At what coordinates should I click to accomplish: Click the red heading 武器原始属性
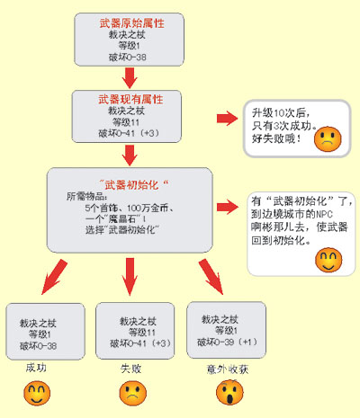[132, 23]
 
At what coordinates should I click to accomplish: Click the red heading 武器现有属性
[130, 100]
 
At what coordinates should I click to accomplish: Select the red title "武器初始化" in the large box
[133, 184]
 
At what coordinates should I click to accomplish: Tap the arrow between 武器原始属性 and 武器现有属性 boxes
[130, 78]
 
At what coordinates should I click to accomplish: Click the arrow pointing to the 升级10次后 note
[227, 118]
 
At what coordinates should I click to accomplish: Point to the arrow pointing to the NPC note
[228, 207]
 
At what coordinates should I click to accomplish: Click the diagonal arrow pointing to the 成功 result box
[54, 277]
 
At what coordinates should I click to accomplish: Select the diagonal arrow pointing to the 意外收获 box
[211, 277]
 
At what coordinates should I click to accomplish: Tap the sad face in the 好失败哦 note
[328, 139]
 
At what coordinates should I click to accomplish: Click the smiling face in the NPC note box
[328, 260]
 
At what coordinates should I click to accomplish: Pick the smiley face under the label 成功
[37, 394]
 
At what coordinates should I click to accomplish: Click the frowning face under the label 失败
[133, 394]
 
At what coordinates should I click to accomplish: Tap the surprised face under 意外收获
[229, 393]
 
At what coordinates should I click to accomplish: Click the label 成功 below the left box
[36, 368]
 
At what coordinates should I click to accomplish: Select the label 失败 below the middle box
[131, 369]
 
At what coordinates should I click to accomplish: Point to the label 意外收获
[228, 369]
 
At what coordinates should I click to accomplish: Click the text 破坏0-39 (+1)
[227, 342]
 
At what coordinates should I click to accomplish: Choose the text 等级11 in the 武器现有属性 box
[126, 122]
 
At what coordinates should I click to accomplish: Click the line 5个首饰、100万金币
[130, 208]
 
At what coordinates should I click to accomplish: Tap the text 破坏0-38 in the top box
[128, 57]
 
